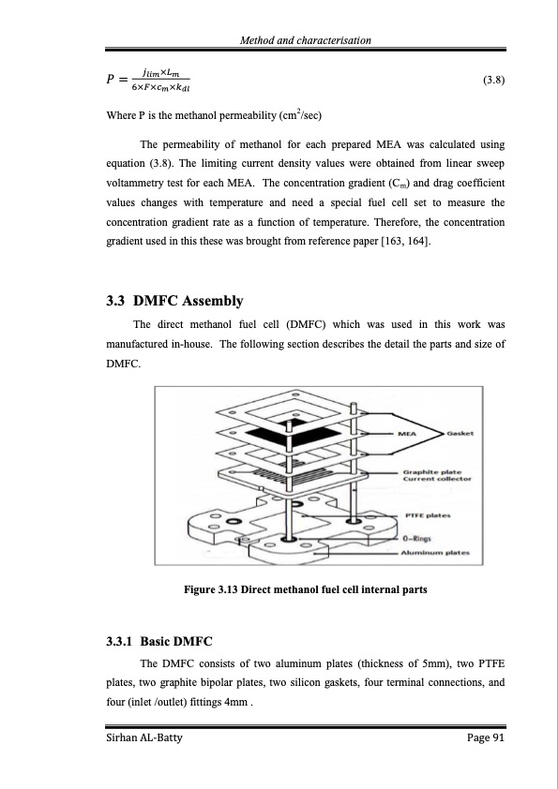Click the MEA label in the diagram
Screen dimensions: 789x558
pos(407,434)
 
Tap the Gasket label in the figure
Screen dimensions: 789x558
pos(460,434)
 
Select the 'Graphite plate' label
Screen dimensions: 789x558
pos(429,470)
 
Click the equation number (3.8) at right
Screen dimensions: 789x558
pos(493,80)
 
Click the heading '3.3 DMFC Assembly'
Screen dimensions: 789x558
pos(175,301)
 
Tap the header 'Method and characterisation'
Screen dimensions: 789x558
pos(306,39)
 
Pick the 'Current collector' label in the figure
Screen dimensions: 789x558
pos(436,479)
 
